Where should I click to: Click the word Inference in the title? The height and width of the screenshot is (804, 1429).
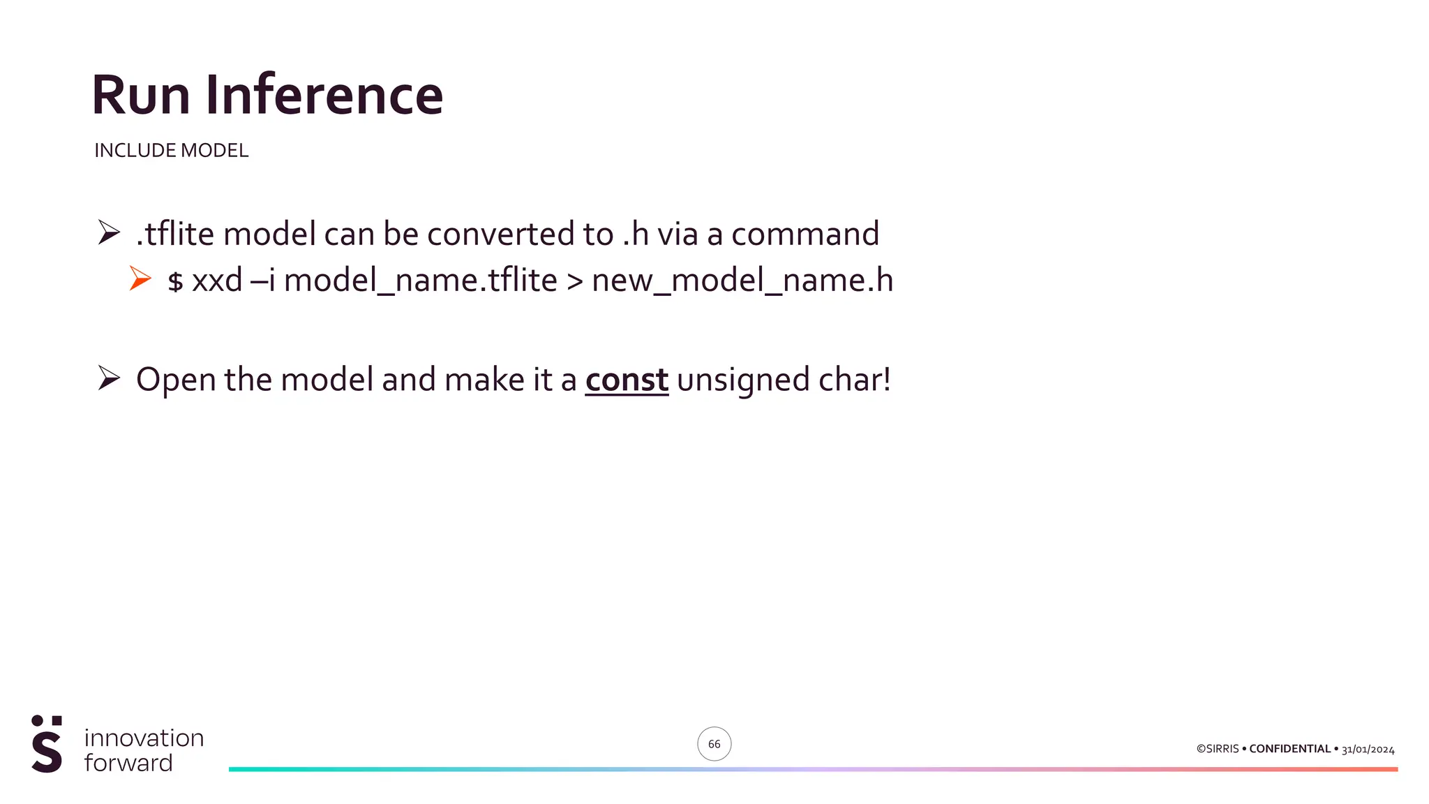[x=324, y=95]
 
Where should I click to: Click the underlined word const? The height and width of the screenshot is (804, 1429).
[x=627, y=380]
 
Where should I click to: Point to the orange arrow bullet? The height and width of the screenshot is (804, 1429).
[x=140, y=278]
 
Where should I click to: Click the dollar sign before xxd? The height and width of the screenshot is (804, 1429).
[x=175, y=281]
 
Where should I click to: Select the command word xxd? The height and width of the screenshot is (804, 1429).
[x=217, y=281]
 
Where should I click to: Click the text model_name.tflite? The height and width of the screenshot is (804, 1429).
[x=421, y=281]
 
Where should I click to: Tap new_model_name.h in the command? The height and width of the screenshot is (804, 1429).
[x=742, y=281]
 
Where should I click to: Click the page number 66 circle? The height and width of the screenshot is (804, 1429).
[x=714, y=744]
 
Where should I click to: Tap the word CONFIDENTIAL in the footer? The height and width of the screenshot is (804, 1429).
[x=1289, y=749]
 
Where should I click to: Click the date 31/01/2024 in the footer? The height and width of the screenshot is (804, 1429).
[x=1368, y=750]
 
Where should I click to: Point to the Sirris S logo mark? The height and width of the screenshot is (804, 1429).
[x=47, y=744]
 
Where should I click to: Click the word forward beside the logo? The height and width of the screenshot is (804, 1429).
[x=128, y=763]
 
